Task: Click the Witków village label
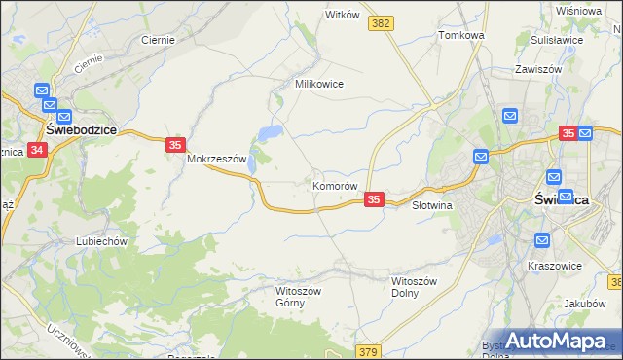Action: pos(343,15)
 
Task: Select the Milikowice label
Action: pos(319,84)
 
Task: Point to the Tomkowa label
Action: pos(461,35)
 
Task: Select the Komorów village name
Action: pos(337,185)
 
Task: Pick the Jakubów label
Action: pos(584,304)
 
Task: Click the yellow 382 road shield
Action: pos(382,21)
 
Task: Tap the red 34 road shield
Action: pos(37,150)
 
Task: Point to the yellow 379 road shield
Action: pos(367,350)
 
